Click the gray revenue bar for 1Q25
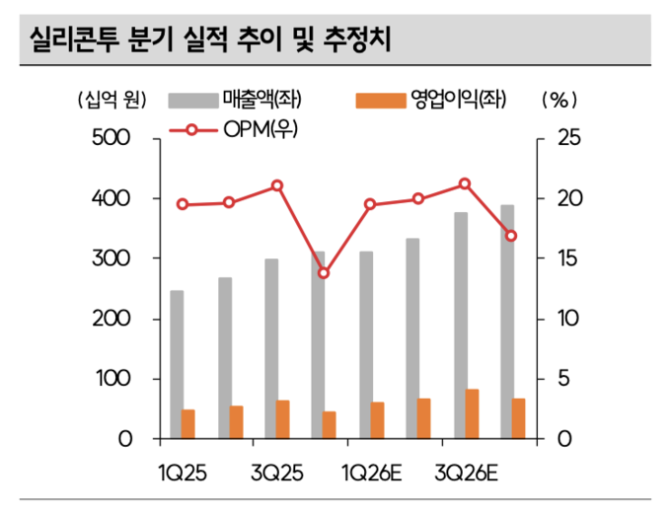tap(177, 365)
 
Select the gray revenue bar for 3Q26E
tap(460, 326)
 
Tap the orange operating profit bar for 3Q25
tap(283, 419)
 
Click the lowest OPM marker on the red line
tap(324, 272)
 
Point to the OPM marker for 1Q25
tap(183, 204)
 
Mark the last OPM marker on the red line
tap(511, 236)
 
